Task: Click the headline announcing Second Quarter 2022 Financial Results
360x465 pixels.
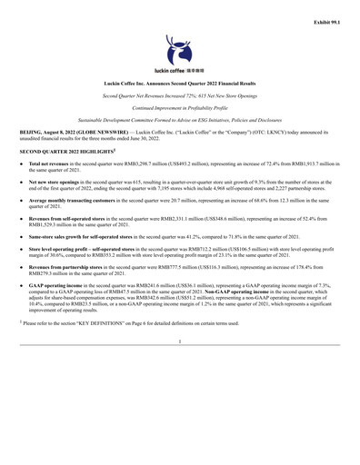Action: (x=180, y=82)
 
